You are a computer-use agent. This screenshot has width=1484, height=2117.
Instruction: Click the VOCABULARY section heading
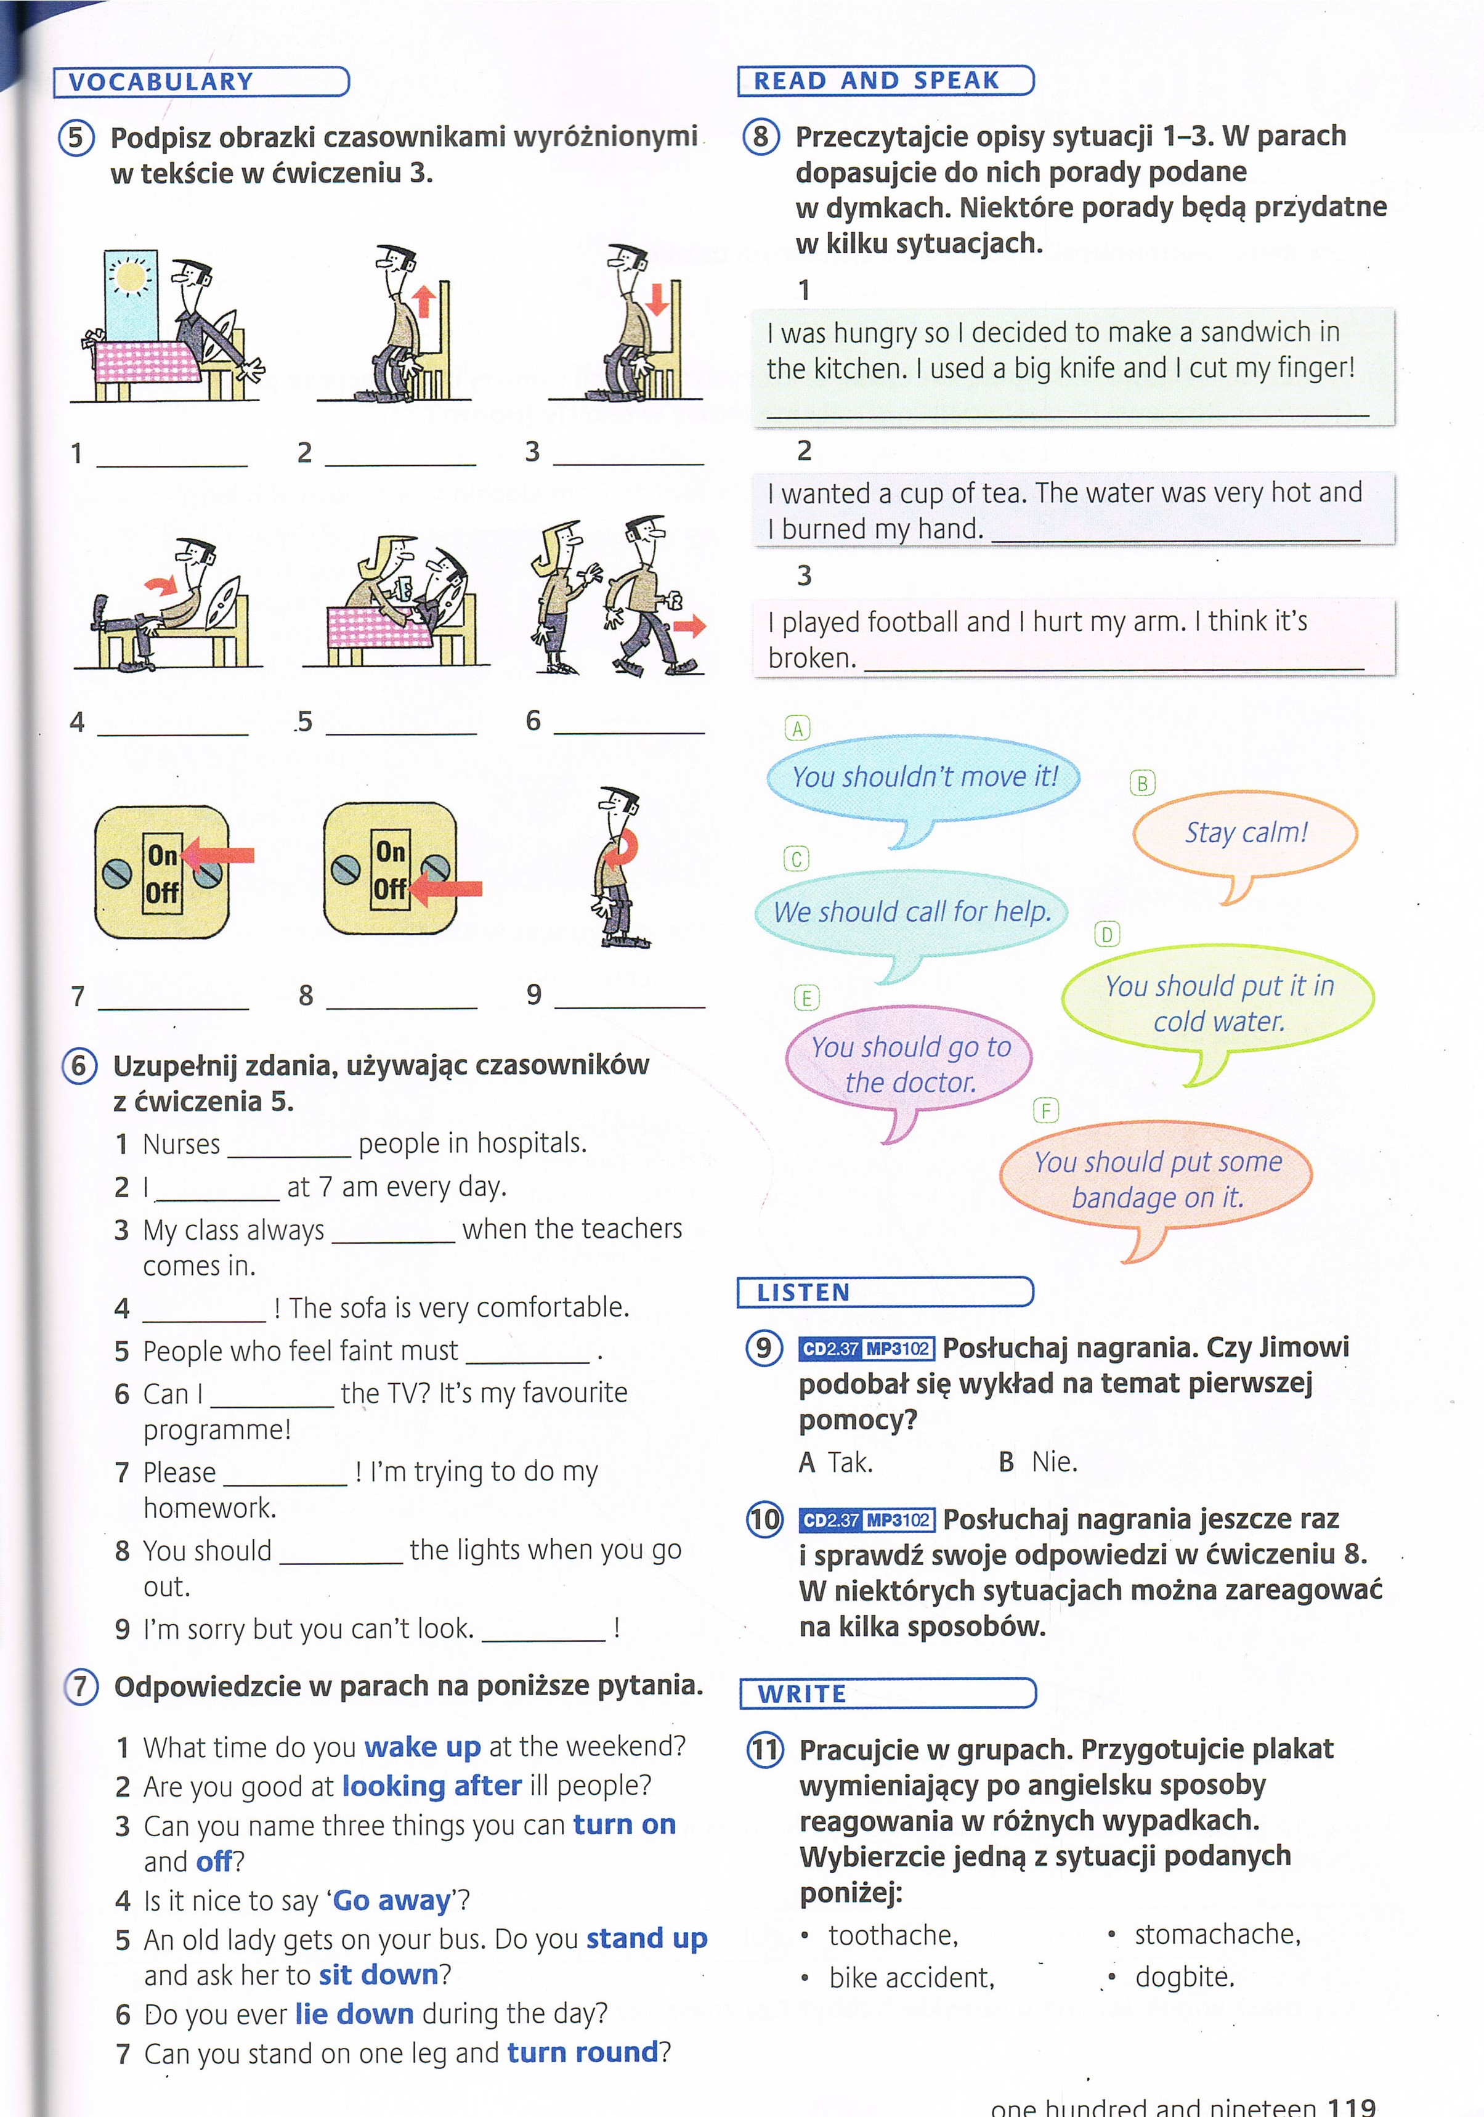pos(161,82)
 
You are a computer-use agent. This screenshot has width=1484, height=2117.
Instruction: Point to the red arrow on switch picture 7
pos(219,856)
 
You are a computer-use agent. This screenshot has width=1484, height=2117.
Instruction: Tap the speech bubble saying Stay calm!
pos(1245,832)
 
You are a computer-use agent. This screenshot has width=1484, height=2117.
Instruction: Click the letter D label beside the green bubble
pos(1106,935)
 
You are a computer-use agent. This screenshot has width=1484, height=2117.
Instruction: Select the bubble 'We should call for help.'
pos(912,912)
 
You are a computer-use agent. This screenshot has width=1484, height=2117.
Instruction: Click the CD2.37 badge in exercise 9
pos(830,1349)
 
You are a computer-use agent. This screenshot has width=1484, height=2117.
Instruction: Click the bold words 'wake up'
pos(422,1747)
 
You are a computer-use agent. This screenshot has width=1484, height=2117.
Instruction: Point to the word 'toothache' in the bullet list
pos(892,1935)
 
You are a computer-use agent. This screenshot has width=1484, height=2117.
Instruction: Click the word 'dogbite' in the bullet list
pos(1183,1977)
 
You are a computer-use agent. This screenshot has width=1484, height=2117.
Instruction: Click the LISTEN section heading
pos(803,1293)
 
